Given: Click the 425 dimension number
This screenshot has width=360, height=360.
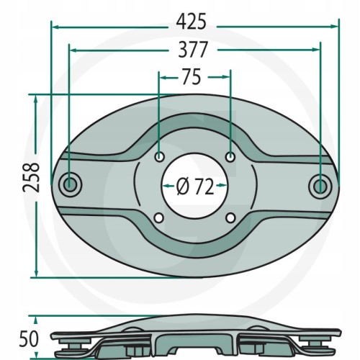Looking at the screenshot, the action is (192, 22).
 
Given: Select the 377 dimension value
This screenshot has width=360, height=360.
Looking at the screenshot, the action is (192, 50).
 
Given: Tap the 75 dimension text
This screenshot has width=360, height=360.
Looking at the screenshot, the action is (192, 77).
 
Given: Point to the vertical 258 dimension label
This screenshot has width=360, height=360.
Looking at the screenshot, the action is (31, 178).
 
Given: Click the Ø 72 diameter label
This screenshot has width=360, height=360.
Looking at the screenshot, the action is (194, 187).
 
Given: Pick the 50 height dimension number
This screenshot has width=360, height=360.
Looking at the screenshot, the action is (29, 339).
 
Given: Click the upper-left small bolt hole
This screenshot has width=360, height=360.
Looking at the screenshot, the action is (159, 158).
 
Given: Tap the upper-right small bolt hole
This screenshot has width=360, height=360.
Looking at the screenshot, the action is (230, 157).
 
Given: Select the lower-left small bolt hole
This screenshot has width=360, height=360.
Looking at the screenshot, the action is (158, 218).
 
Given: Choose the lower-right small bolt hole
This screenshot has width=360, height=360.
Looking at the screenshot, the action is (230, 217).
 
